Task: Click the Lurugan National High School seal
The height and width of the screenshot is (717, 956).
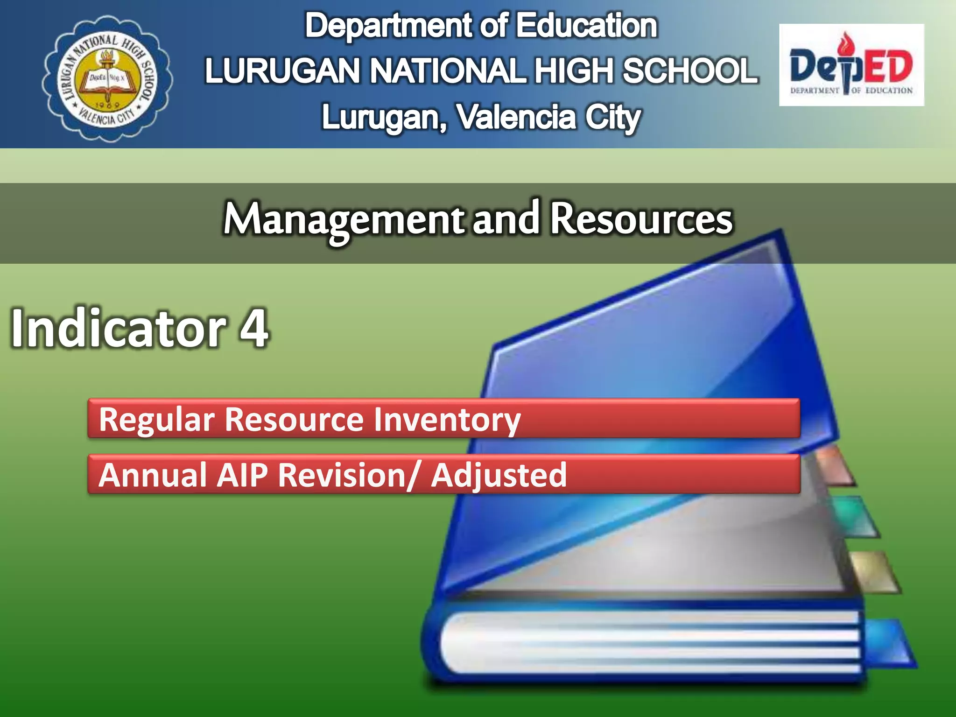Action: point(107,78)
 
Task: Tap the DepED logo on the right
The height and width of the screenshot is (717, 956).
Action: point(851,65)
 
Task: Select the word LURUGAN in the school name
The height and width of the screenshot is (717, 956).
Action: point(282,71)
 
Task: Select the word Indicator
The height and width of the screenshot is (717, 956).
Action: point(119,328)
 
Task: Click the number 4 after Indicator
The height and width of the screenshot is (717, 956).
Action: point(254,328)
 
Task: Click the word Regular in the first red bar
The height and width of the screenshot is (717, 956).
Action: point(157,420)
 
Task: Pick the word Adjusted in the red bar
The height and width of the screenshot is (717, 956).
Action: point(499,475)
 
